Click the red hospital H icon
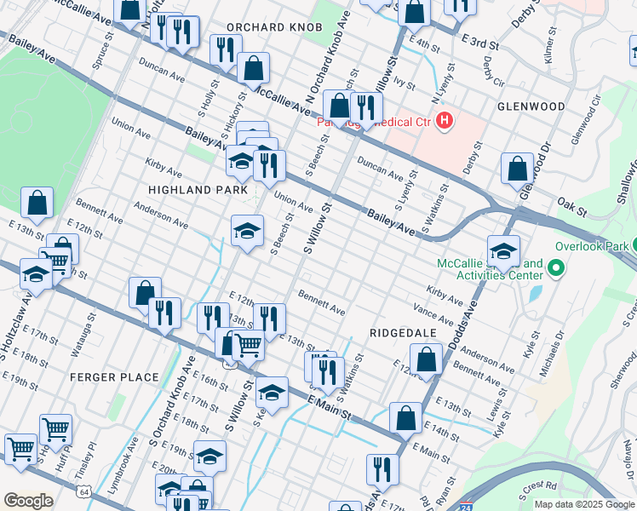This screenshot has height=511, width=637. [444, 122]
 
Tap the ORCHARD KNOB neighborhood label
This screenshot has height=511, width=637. [274, 27]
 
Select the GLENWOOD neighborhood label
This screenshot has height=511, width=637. [531, 106]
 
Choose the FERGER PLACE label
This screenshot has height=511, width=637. [114, 377]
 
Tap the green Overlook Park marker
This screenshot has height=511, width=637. [556, 270]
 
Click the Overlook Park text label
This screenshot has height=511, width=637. [591, 246]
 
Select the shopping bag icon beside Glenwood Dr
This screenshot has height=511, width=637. [517, 169]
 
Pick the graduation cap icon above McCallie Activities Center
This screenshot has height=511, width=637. [503, 251]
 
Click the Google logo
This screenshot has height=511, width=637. [28, 501]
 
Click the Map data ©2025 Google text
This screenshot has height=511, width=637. [584, 504]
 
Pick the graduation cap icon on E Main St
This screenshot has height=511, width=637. [272, 393]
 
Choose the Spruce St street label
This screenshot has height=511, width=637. [105, 51]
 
